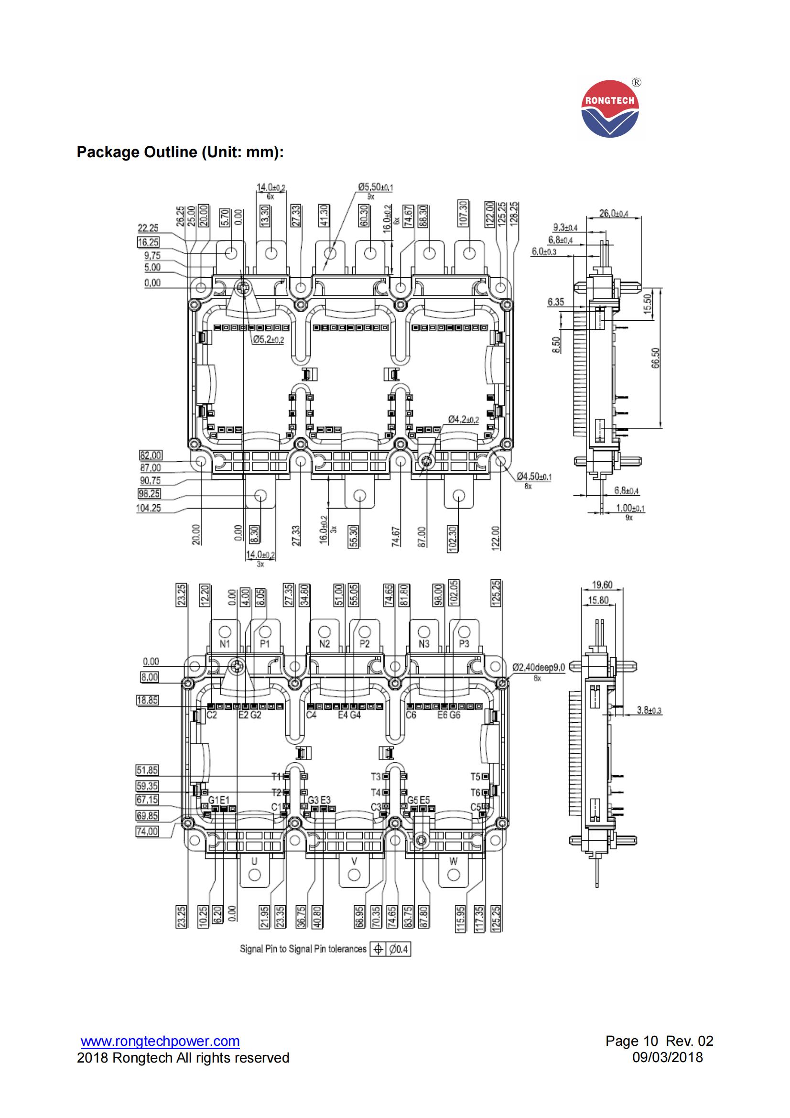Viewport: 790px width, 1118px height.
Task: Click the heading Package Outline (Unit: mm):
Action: click(180, 152)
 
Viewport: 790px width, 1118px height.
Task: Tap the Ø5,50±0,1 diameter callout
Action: click(375, 187)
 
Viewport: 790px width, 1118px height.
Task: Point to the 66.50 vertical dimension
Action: click(655, 358)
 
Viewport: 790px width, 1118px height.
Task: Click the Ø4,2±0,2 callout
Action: click(463, 419)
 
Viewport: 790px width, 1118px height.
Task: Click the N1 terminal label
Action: click(225, 644)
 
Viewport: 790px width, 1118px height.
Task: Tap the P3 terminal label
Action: click(464, 644)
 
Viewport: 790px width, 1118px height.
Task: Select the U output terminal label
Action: click(254, 861)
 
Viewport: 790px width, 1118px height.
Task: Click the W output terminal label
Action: click(453, 861)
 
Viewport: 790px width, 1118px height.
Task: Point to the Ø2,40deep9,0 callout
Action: click(538, 667)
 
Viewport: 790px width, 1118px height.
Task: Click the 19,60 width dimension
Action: click(602, 585)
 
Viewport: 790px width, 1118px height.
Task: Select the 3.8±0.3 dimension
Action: click(649, 710)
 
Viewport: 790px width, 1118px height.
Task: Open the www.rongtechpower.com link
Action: click(160, 1041)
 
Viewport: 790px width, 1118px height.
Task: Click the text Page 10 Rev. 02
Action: click(659, 1041)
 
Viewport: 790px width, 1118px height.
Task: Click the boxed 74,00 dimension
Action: click(147, 831)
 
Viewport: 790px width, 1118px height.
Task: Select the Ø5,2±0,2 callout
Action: click(268, 340)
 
